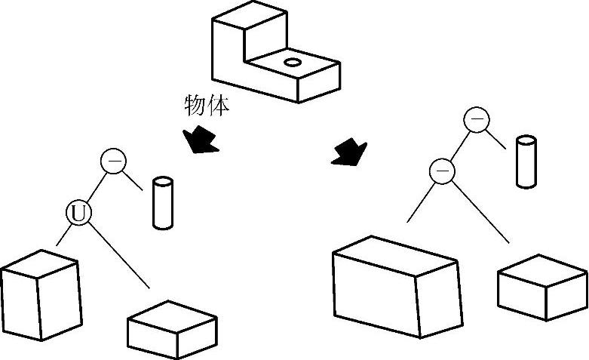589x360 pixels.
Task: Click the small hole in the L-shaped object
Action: point(293,62)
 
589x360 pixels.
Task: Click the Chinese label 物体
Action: point(206,105)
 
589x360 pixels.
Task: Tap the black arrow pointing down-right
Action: point(349,152)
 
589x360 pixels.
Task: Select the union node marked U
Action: point(78,214)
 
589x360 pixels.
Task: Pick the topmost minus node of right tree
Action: point(476,119)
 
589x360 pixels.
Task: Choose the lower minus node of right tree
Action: point(442,172)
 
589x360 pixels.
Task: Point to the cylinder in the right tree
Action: point(526,161)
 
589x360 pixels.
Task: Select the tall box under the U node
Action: point(39,294)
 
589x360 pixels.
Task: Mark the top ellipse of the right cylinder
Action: point(526,140)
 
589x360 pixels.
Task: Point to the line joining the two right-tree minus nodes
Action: point(459,146)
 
